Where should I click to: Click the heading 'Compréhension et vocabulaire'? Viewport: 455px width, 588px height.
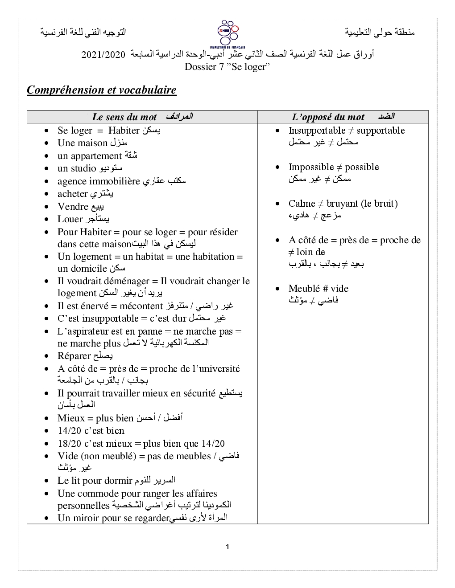tap(102, 90)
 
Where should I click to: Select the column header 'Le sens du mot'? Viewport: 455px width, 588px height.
tap(124, 117)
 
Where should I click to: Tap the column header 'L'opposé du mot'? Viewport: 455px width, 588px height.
tap(328, 117)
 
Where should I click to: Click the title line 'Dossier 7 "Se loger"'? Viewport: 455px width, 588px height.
tap(227, 67)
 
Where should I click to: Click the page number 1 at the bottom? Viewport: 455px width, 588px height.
tap(227, 547)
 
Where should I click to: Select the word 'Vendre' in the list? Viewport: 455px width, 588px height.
tap(73, 207)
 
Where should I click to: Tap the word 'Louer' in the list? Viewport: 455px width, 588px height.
tap(70, 219)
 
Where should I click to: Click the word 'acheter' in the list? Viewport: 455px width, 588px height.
tap(72, 194)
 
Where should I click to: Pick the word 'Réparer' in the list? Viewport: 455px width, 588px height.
tap(74, 356)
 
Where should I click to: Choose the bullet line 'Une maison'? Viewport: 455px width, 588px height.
tap(83, 143)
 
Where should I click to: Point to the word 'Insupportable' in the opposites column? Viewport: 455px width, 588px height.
tap(317, 131)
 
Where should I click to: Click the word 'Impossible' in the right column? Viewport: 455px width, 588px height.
tap(311, 167)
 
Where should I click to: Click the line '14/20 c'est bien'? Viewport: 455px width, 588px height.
tap(91, 431)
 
